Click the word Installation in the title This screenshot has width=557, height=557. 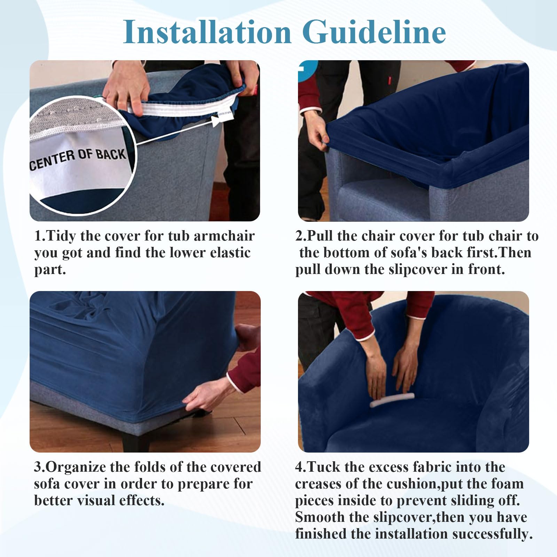207,32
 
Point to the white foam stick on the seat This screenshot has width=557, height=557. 392,399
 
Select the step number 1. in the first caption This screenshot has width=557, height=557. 40,236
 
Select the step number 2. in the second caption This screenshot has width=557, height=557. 301,236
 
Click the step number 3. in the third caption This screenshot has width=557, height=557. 40,467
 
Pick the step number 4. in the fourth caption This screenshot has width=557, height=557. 301,467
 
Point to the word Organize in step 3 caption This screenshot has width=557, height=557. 76,467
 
